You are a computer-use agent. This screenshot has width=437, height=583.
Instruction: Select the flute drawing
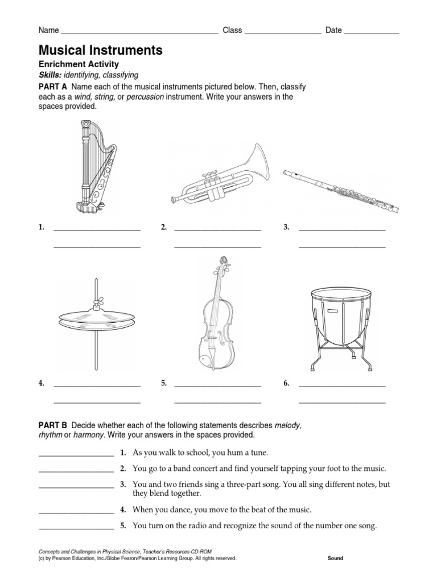pos(341,190)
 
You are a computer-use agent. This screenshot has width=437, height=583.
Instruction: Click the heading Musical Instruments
pos(100,51)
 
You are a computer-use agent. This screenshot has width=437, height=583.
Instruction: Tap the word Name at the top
pos(48,30)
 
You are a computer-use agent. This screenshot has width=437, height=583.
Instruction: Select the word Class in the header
pos(232,30)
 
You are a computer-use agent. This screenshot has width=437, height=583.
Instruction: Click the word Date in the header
pos(333,30)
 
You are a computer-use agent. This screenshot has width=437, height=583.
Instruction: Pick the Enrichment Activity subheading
pos(79,64)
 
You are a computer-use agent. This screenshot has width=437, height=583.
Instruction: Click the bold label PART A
pos(52,87)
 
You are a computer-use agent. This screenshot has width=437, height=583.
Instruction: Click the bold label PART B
pos(52,425)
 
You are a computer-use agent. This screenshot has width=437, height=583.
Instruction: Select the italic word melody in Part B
pos(287,425)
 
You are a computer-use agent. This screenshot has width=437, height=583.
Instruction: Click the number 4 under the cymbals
pos(42,383)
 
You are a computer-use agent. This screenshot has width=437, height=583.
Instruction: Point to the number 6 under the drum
pos(287,383)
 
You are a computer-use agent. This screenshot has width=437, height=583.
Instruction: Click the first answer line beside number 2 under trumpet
pos(217,229)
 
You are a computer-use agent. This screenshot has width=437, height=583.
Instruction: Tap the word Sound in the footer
pos(335,559)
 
